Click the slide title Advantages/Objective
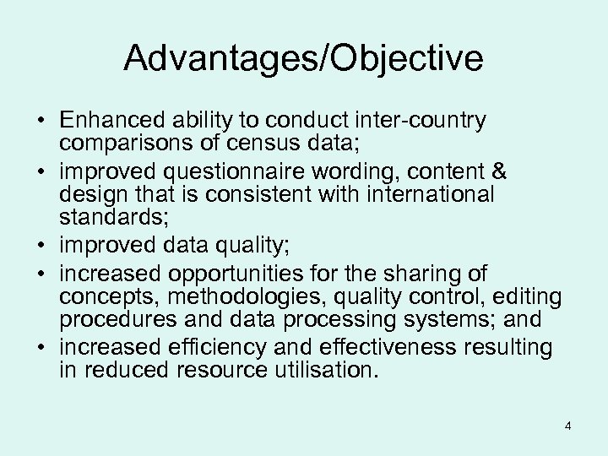click(303, 58)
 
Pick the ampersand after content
click(498, 172)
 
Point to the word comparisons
click(124, 143)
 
